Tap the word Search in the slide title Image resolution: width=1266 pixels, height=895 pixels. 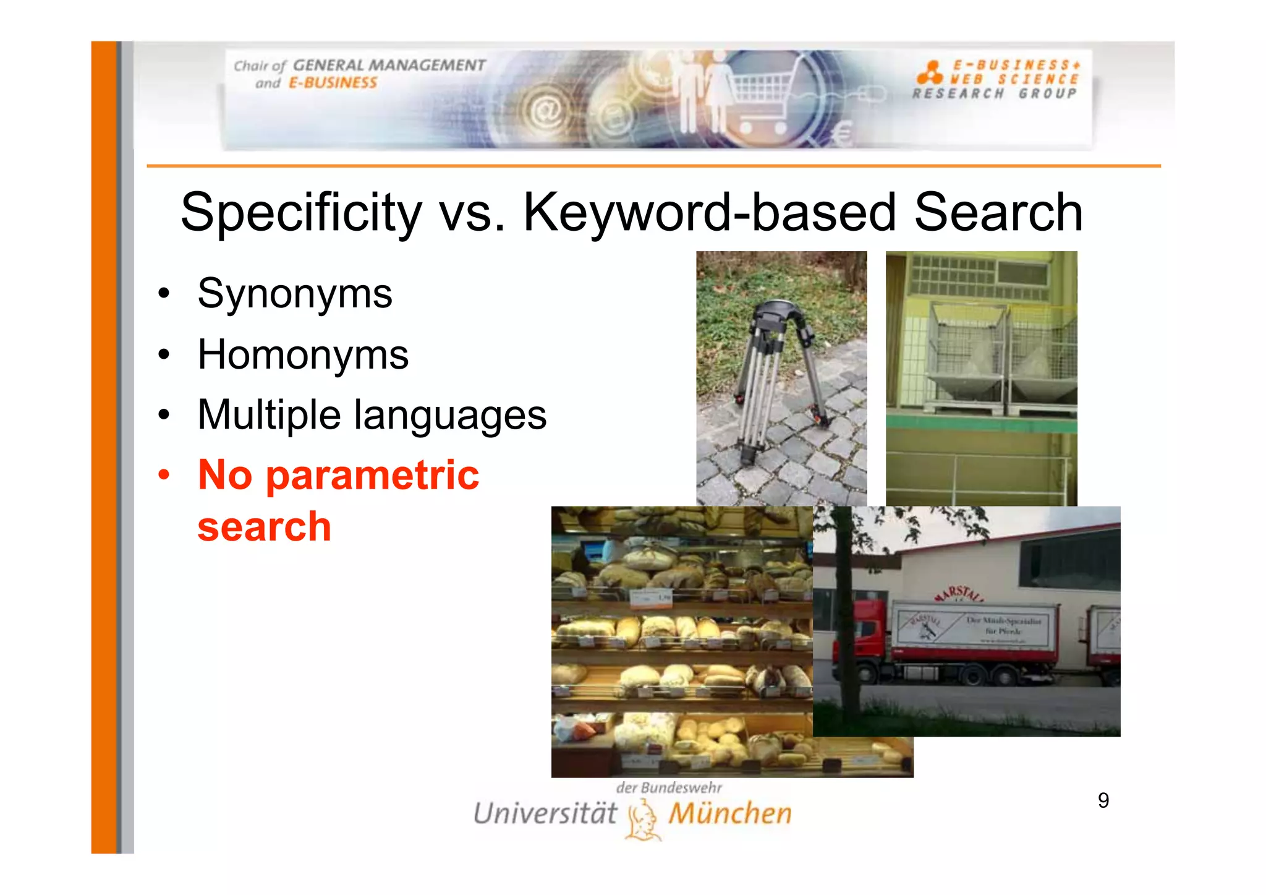(x=998, y=212)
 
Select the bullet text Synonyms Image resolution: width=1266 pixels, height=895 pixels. (x=295, y=293)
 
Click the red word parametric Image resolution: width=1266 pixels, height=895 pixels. (x=372, y=475)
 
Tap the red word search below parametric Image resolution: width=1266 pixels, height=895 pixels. (x=264, y=527)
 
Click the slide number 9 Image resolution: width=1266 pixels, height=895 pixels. (x=1103, y=800)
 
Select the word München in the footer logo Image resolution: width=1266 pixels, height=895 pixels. (x=730, y=813)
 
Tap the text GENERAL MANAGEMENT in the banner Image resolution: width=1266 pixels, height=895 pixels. (x=389, y=65)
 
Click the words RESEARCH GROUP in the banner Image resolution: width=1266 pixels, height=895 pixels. (x=995, y=94)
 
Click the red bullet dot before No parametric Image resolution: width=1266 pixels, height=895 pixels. (x=164, y=475)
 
